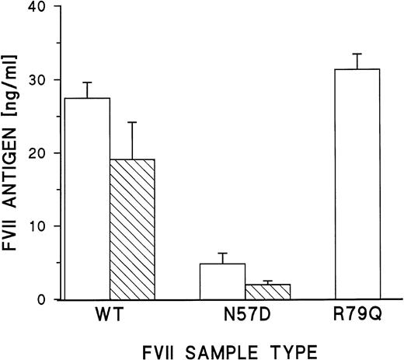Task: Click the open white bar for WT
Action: point(88,198)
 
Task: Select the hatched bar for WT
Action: point(133,229)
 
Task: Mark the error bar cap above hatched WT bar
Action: point(133,122)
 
